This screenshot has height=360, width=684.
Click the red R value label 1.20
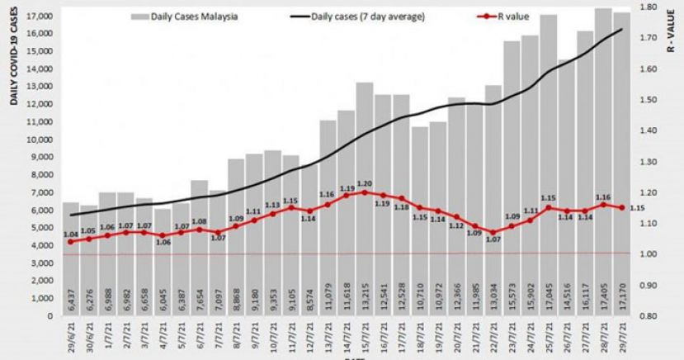click(x=364, y=183)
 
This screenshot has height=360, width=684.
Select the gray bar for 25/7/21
click(x=548, y=165)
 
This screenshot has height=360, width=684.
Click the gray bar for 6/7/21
click(x=199, y=248)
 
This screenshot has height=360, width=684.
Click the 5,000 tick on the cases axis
click(x=41, y=227)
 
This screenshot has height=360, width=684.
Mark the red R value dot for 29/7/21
click(x=620, y=207)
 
